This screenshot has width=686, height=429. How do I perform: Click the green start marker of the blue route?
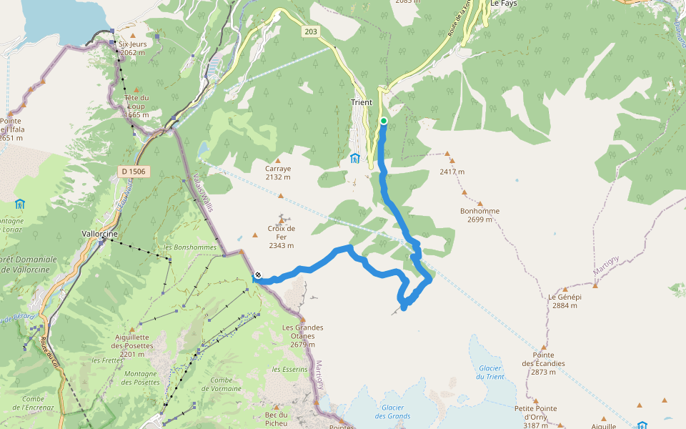click(x=384, y=121)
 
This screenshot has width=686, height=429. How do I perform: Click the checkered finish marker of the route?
click(x=258, y=275)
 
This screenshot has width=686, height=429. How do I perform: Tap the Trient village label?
click(x=362, y=102)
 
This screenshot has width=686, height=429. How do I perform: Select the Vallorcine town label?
click(x=99, y=235)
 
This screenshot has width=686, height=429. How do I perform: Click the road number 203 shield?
click(x=310, y=31)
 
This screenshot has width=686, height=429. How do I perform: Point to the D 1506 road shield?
click(x=133, y=171)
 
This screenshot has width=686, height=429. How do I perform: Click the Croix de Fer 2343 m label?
click(x=282, y=237)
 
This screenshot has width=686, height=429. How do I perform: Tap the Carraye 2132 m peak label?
click(x=278, y=172)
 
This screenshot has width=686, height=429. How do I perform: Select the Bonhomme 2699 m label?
click(x=479, y=215)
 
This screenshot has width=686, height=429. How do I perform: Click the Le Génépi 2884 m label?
click(x=565, y=300)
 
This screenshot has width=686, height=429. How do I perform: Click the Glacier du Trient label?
click(x=490, y=372)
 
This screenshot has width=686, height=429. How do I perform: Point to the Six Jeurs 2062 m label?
click(x=132, y=48)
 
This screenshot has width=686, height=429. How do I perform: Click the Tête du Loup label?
click(x=136, y=106)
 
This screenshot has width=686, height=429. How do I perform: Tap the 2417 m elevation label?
click(x=452, y=172)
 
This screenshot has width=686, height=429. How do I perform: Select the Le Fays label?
click(x=503, y=4)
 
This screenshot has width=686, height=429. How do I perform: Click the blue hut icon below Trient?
click(x=355, y=158)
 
